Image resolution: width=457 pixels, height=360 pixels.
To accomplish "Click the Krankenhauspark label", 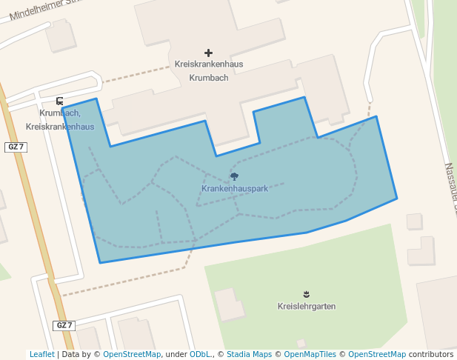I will click(234, 189).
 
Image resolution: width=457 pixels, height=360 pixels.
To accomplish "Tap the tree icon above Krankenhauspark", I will click(234, 176).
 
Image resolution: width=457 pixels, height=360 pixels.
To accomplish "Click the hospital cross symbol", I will click(208, 53).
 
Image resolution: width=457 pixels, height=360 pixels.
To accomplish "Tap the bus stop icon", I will click(59, 101).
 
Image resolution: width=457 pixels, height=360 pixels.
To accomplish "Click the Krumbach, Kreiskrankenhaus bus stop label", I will click(60, 120).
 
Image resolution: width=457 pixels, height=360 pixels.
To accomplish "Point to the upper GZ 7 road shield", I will click(16, 147).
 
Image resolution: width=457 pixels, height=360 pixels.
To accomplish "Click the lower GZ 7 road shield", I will click(64, 325).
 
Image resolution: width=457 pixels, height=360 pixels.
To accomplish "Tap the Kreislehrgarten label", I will click(307, 307).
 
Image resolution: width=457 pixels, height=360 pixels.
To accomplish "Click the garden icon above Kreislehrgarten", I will click(307, 294).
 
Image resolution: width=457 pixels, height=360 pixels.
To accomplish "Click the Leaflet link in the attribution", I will click(41, 354).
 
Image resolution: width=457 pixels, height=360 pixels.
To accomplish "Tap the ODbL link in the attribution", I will click(200, 354).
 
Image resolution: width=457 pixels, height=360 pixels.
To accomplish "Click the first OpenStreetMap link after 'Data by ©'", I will click(132, 354).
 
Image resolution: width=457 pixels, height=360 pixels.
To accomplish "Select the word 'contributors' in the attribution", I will click(430, 354).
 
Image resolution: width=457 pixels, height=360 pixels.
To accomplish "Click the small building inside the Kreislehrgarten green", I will click(229, 304).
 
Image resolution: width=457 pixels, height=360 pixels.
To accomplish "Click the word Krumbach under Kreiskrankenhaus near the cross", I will click(208, 78).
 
